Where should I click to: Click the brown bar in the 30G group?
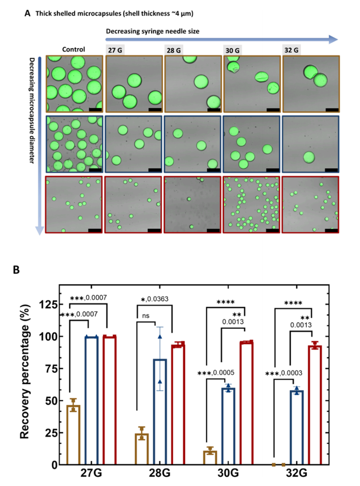point(210,457)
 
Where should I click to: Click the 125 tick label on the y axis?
point(49,304)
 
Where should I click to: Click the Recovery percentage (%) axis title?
point(25,371)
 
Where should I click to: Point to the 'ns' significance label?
point(146,316)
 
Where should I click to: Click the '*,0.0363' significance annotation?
point(155,299)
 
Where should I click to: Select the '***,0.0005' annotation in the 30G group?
point(216,373)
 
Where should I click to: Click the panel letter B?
point(16,270)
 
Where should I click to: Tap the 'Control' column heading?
point(74,49)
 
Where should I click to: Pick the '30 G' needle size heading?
point(232,50)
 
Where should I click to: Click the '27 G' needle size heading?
point(115,50)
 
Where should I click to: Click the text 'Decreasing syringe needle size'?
point(152,31)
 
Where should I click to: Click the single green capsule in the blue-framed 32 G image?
point(309,157)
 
